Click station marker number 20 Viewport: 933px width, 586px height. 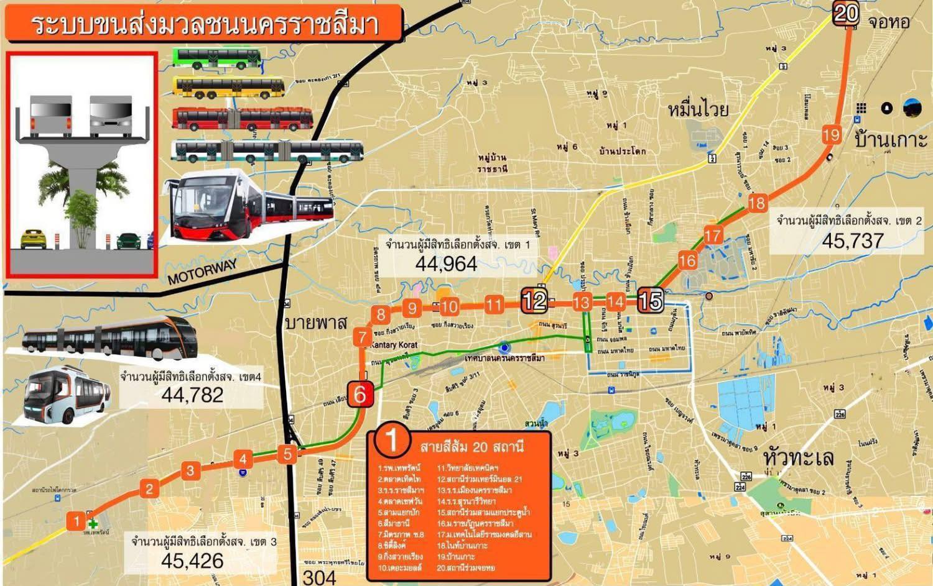coord(846,13)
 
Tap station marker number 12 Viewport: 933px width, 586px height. coord(534,301)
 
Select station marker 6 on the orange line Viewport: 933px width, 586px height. coord(360,393)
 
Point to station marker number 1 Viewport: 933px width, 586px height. coord(77,521)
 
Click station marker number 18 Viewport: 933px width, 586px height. coord(757,203)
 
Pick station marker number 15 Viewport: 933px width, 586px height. coord(650,301)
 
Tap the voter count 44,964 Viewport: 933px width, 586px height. coord(446,264)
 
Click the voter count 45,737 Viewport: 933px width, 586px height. coord(852,240)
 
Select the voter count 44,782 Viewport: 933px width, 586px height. coord(192,395)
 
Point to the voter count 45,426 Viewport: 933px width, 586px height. coord(192,561)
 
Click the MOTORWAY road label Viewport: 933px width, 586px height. coord(202,272)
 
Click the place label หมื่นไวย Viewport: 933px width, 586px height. coord(698,110)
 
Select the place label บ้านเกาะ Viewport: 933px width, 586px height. coord(890,139)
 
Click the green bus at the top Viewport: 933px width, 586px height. coord(216,58)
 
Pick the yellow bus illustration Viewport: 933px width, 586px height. coord(228,88)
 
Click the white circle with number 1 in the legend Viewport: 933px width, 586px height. coord(392,439)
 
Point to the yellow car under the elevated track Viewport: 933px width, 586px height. coord(31,238)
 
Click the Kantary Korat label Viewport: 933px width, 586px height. coord(394,344)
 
